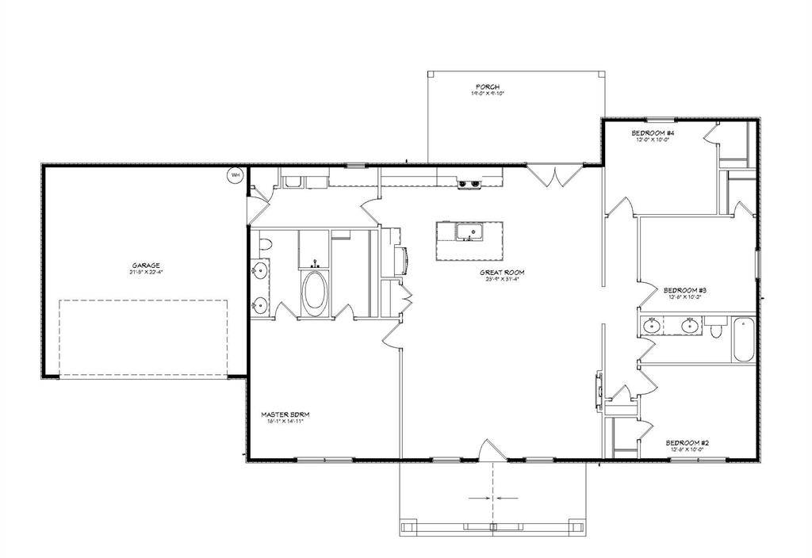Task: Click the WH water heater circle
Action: tap(236, 176)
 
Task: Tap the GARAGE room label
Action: tap(147, 266)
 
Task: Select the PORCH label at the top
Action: tap(488, 86)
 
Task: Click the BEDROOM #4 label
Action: tap(653, 132)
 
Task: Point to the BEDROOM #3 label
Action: tap(684, 290)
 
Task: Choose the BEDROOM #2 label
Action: tap(686, 442)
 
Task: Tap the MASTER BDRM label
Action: tap(283, 414)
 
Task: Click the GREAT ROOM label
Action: tap(502, 272)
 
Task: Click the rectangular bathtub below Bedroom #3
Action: tap(743, 339)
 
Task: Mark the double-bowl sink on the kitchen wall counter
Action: tap(469, 185)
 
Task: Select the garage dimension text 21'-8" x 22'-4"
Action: tap(147, 273)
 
